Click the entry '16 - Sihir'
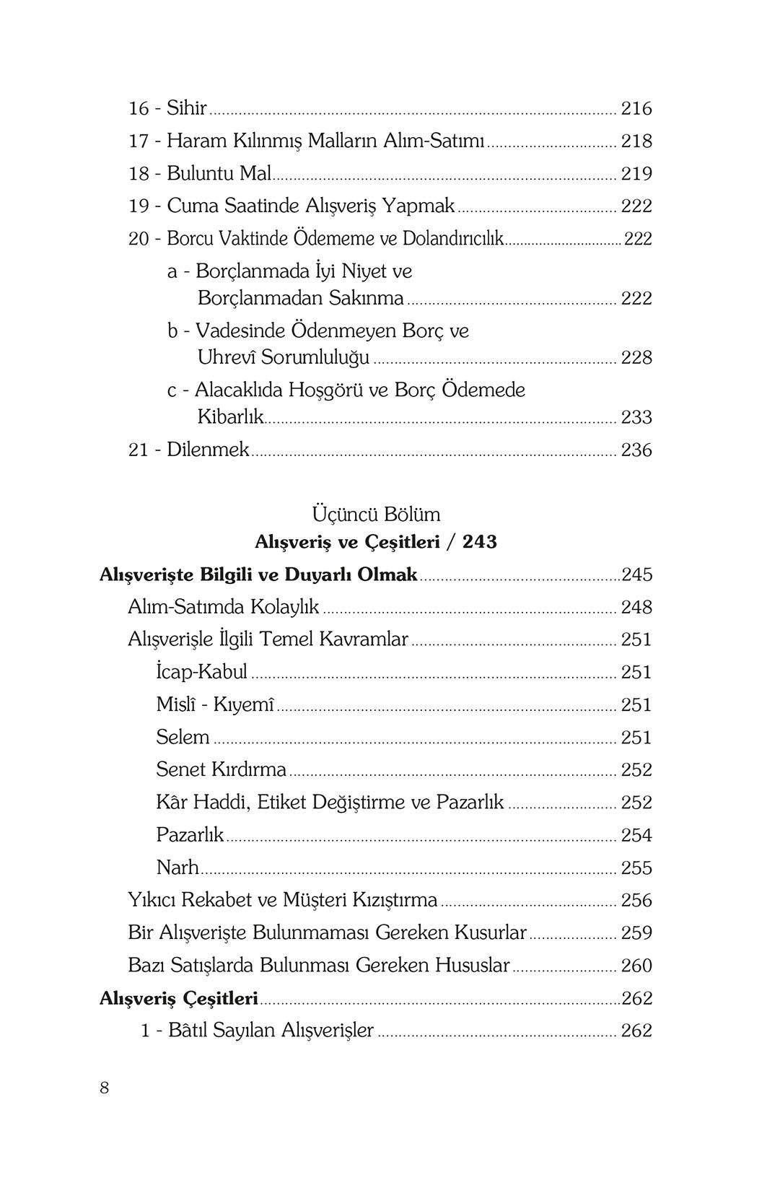[x=167, y=108]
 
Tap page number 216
[x=636, y=109]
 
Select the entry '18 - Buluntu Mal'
[x=199, y=173]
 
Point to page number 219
[x=636, y=174]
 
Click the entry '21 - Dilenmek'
[x=188, y=450]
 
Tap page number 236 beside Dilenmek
[x=636, y=450]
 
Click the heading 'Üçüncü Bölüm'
[x=376, y=514]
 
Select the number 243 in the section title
[x=480, y=541]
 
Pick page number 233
[x=636, y=418]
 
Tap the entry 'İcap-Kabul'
[x=201, y=672]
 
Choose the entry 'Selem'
[x=183, y=737]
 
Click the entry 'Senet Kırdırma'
[x=221, y=769]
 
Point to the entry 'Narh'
[x=177, y=868]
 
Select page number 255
[x=636, y=868]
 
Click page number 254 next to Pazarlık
[x=636, y=835]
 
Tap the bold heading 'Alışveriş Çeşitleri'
[x=178, y=998]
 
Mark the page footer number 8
[x=104, y=1088]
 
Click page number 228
[x=636, y=358]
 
